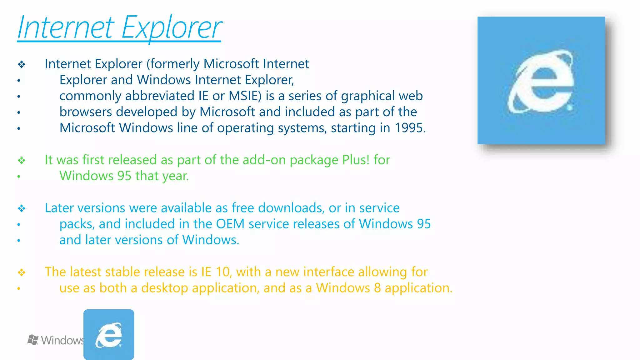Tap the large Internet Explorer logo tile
(x=541, y=80)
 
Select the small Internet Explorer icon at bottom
(x=109, y=334)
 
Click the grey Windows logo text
(x=56, y=340)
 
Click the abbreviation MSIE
(x=245, y=96)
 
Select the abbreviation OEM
(x=230, y=224)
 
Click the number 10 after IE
(x=222, y=272)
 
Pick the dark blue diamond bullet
(x=22, y=65)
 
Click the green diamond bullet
(x=22, y=161)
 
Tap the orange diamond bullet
(x=22, y=272)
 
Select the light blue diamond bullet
(x=22, y=208)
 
